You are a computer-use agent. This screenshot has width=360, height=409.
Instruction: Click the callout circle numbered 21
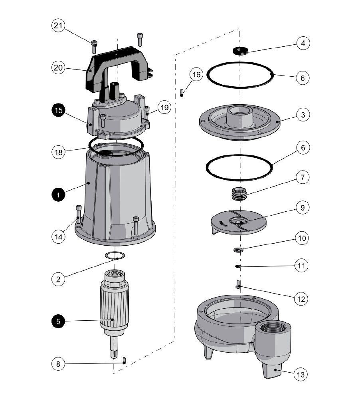58,26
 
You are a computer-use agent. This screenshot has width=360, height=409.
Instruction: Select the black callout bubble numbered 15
59,111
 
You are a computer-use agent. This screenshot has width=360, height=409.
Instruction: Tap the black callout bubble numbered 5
59,321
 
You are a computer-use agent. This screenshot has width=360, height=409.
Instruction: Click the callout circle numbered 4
302,43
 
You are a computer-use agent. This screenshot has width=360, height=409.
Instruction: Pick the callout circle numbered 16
196,74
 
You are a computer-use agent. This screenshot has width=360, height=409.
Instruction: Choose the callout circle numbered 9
302,208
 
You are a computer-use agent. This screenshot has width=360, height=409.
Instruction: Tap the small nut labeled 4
239,51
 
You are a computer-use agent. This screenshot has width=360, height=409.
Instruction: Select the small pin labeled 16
182,93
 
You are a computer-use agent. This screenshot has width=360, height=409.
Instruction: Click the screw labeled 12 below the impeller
238,284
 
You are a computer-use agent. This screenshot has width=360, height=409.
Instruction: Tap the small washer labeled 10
238,250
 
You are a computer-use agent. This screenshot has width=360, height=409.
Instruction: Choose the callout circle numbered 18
59,152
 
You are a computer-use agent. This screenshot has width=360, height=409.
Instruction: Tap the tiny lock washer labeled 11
238,266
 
